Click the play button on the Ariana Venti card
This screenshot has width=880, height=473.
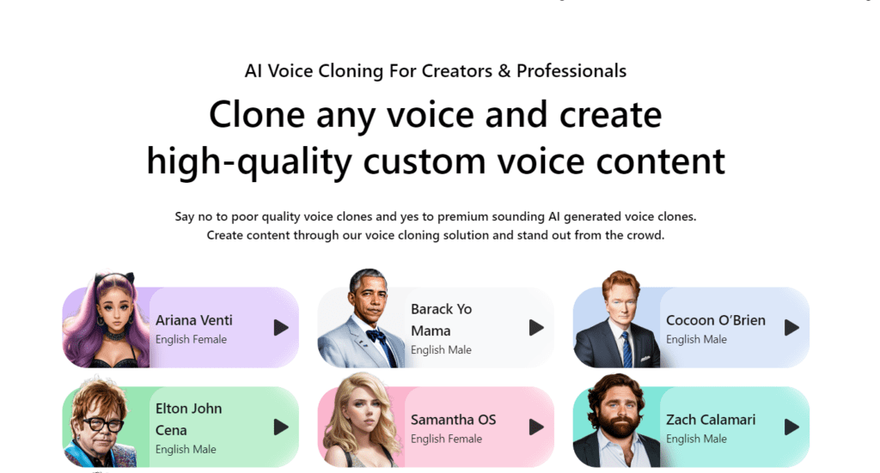[281, 328]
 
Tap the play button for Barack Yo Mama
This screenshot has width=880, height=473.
[536, 328]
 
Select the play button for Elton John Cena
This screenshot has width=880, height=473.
[281, 427]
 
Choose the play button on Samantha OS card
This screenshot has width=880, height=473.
[536, 427]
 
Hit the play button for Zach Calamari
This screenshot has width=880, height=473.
[791, 427]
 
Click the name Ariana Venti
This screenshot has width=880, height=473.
[193, 320]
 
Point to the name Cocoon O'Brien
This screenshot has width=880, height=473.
[716, 320]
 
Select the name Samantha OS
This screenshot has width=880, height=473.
[454, 419]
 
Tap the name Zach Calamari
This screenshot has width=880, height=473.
[711, 419]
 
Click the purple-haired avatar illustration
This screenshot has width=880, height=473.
[107, 320]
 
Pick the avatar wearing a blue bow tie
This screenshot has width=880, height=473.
[362, 318]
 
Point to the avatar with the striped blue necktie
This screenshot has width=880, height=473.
[617, 319]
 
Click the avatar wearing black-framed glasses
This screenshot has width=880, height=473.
[101, 423]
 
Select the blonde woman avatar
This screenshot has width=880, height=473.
[362, 421]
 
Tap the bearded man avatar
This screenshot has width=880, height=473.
[617, 421]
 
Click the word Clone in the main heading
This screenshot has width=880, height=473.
[257, 114]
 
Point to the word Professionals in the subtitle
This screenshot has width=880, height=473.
[571, 71]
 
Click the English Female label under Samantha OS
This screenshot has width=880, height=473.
[446, 439]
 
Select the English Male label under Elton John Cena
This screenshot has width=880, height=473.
[186, 450]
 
